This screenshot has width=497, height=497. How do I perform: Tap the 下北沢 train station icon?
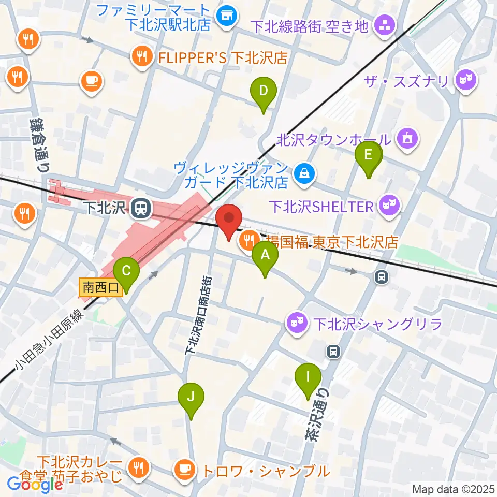pyautogui.click(x=139, y=208)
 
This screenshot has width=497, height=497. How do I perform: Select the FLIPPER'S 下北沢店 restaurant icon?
pyautogui.click(x=141, y=57)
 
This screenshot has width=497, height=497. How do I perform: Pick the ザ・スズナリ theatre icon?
pyautogui.click(x=465, y=80)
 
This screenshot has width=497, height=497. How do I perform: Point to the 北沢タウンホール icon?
pyautogui.click(x=406, y=139)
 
